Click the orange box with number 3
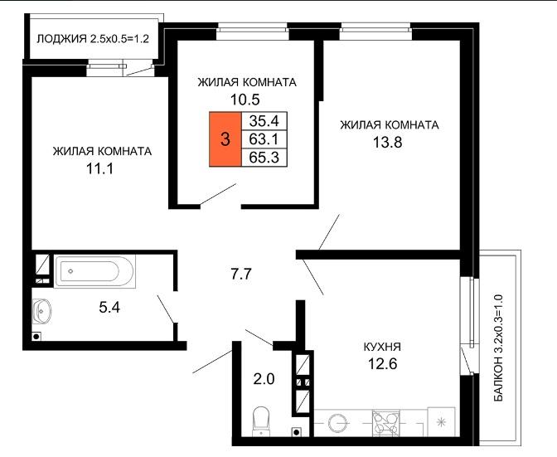[225, 139]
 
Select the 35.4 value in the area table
[264, 121]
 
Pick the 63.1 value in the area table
[264, 139]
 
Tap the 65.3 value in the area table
[264, 157]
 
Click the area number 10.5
[245, 100]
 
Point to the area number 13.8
[387, 143]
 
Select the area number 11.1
[100, 168]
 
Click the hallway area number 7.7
[241, 274]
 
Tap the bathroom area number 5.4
[109, 308]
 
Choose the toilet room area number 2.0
[264, 379]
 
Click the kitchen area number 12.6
[382, 364]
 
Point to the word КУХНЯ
[382, 347]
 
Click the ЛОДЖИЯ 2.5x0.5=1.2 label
[93, 38]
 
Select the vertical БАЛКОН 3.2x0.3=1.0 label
[499, 348]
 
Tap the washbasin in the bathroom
[42, 311]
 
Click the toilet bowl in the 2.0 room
[261, 421]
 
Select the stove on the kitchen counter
[385, 424]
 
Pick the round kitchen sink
[337, 424]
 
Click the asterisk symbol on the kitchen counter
[441, 422]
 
